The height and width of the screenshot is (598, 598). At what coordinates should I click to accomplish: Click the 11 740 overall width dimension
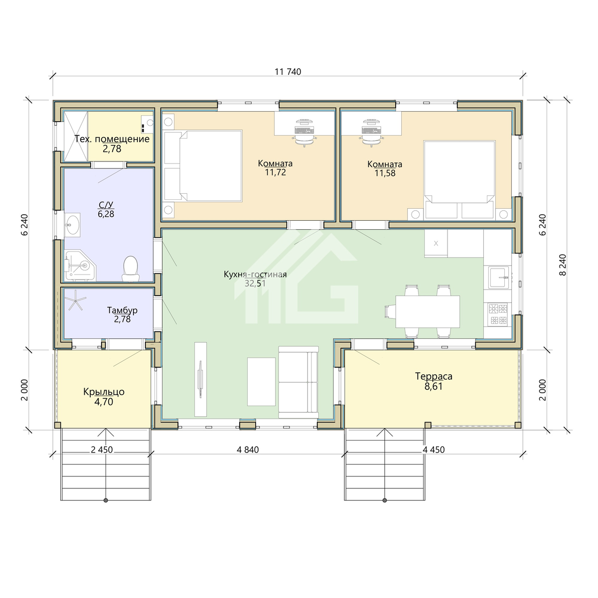tap(288, 72)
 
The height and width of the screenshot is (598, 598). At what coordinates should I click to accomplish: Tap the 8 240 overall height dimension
tap(562, 265)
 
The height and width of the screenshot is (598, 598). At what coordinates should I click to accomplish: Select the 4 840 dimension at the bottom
tap(248, 449)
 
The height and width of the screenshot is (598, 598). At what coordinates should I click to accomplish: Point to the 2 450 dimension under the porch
tap(102, 449)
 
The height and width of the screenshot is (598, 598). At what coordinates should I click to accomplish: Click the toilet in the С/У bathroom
tap(131, 269)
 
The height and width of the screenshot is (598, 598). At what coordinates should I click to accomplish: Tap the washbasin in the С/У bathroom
tap(73, 223)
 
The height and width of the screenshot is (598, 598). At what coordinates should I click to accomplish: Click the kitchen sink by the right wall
tap(499, 277)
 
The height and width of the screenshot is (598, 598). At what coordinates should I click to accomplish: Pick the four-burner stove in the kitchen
tap(498, 314)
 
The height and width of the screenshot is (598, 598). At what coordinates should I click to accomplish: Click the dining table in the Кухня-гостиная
tap(427, 311)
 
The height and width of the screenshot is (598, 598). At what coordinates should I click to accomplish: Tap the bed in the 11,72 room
tap(203, 166)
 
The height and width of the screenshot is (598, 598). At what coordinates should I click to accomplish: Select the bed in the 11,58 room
tap(459, 180)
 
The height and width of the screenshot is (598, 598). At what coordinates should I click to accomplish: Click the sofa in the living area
tap(298, 382)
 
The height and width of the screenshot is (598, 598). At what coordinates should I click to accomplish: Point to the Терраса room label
tap(434, 376)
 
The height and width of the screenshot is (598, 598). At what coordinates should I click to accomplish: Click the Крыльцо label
tap(104, 392)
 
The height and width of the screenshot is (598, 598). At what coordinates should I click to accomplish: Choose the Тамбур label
tap(122, 310)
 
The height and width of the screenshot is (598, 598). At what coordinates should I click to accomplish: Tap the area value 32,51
tap(255, 284)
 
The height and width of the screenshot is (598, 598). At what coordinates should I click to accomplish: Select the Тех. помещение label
tap(112, 139)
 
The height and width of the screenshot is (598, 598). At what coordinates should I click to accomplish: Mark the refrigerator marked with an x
tap(436, 243)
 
